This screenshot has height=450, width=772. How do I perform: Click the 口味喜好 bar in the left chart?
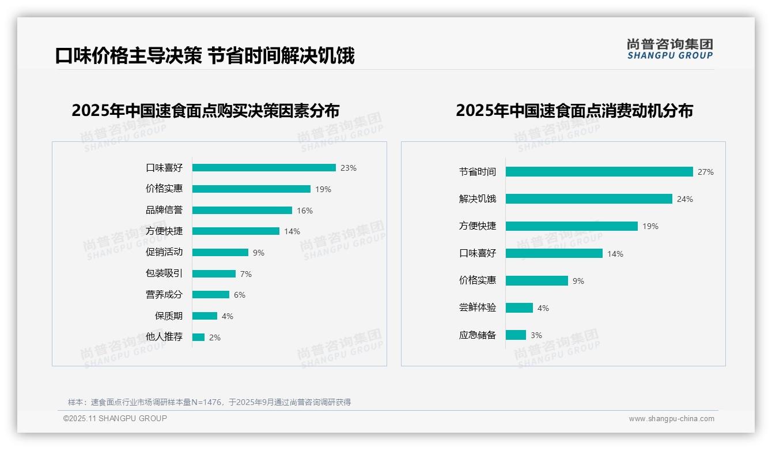264,168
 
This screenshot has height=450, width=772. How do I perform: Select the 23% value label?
348,168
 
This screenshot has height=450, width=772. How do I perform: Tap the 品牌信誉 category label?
164,210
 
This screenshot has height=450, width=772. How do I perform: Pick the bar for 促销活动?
220,253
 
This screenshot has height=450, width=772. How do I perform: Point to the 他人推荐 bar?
198,337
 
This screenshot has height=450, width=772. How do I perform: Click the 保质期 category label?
169,316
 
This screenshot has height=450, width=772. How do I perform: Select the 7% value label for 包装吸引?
246,274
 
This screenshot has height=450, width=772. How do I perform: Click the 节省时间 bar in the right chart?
599,172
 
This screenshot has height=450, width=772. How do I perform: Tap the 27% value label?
705,172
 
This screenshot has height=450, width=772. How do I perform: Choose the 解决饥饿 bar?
589,199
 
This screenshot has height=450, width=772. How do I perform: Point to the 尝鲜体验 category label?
477,307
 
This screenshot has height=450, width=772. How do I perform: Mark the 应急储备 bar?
516,335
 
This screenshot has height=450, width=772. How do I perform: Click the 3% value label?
536,335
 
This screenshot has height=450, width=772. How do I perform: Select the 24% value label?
685,199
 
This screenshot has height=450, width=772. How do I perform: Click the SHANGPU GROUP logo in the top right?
669,49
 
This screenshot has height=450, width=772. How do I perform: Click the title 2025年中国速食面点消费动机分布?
574,110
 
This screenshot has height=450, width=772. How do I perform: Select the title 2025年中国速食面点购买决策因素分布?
206,110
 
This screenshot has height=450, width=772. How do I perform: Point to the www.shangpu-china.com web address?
671,419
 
